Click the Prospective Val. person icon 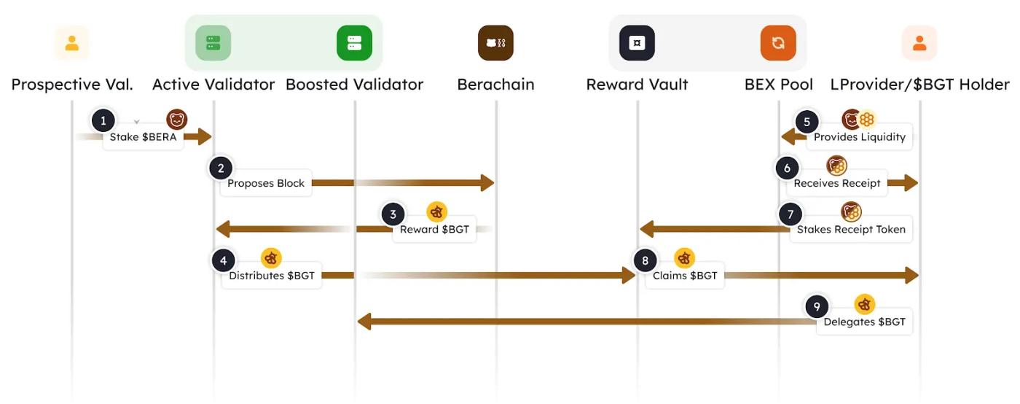coord(71,43)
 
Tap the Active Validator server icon coord(213,43)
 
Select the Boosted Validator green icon coord(354,43)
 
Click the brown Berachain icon coord(495,43)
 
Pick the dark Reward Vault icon coord(637,43)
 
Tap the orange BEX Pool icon coord(778,43)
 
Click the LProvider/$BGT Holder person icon coord(919,43)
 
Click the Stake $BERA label coord(143,137)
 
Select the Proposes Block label coord(266,183)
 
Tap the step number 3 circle coord(393,214)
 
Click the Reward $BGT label coord(434,230)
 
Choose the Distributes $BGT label coord(272,276)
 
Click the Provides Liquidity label coord(860,137)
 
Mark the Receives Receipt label coord(837,183)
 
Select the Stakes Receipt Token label coord(851,230)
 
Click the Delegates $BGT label coord(864,322)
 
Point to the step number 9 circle coord(817,306)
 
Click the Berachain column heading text coord(495,85)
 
